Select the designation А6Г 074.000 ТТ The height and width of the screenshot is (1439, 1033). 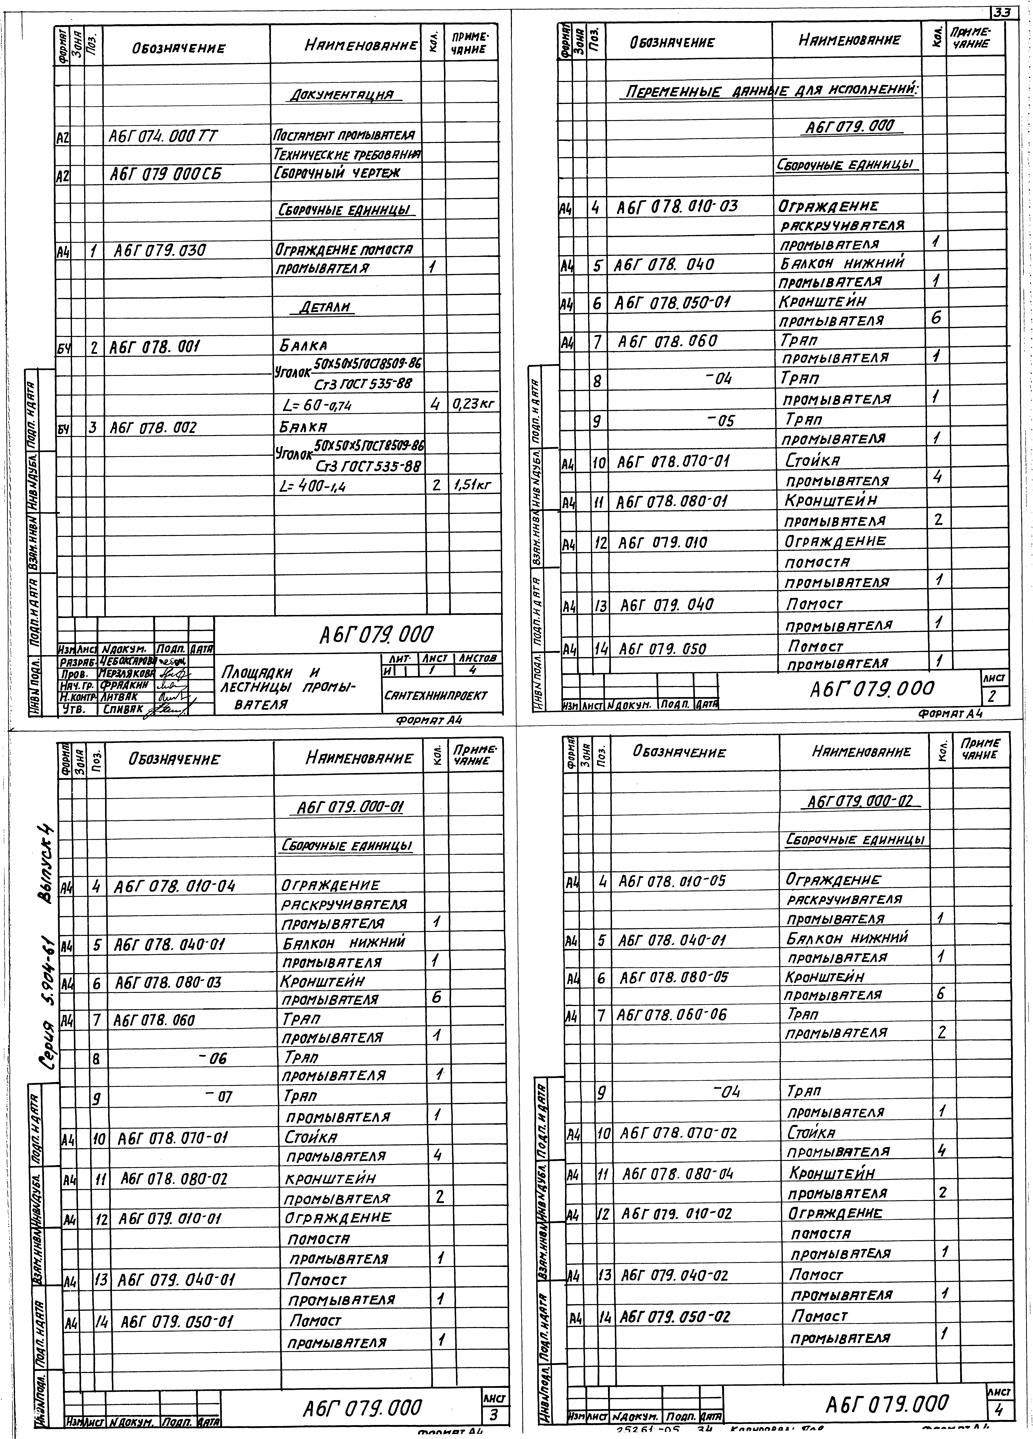pos(164,136)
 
